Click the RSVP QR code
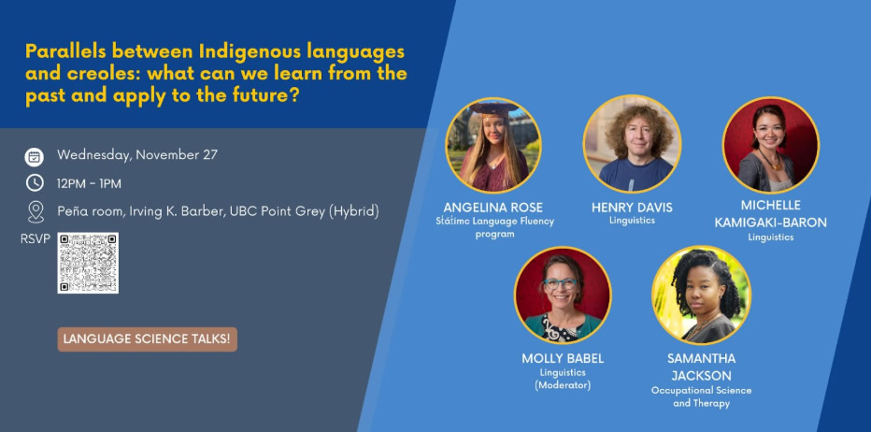88,263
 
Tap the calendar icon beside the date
35,155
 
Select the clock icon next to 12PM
35,182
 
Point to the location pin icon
36,211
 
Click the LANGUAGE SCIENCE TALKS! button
148,339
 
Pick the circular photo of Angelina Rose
493,145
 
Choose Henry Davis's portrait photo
632,143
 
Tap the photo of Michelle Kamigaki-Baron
770,145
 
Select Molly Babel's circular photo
562,295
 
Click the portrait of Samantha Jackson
701,295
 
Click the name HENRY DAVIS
632,208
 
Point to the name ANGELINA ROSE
493,208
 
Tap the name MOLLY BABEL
563,358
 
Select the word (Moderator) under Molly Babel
563,385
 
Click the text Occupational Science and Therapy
701,396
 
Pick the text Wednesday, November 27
137,155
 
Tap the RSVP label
35,239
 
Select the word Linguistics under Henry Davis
632,221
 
